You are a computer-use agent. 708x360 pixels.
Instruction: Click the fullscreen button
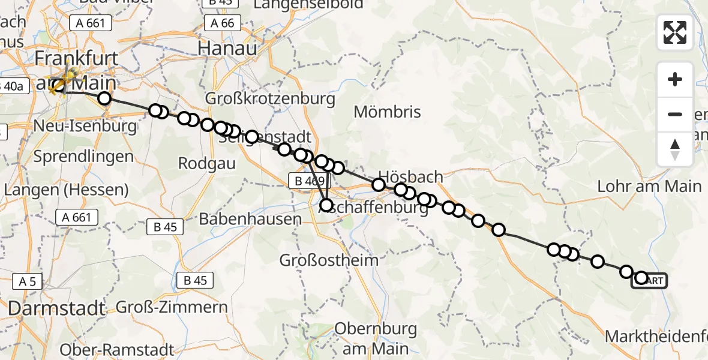click(675, 32)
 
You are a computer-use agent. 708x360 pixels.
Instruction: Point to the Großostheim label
click(329, 260)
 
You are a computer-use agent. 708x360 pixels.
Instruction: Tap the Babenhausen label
click(250, 219)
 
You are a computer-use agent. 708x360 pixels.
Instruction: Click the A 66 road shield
click(222, 23)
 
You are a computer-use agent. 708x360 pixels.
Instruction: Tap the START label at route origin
click(650, 280)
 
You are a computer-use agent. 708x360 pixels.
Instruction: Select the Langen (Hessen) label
click(66, 190)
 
